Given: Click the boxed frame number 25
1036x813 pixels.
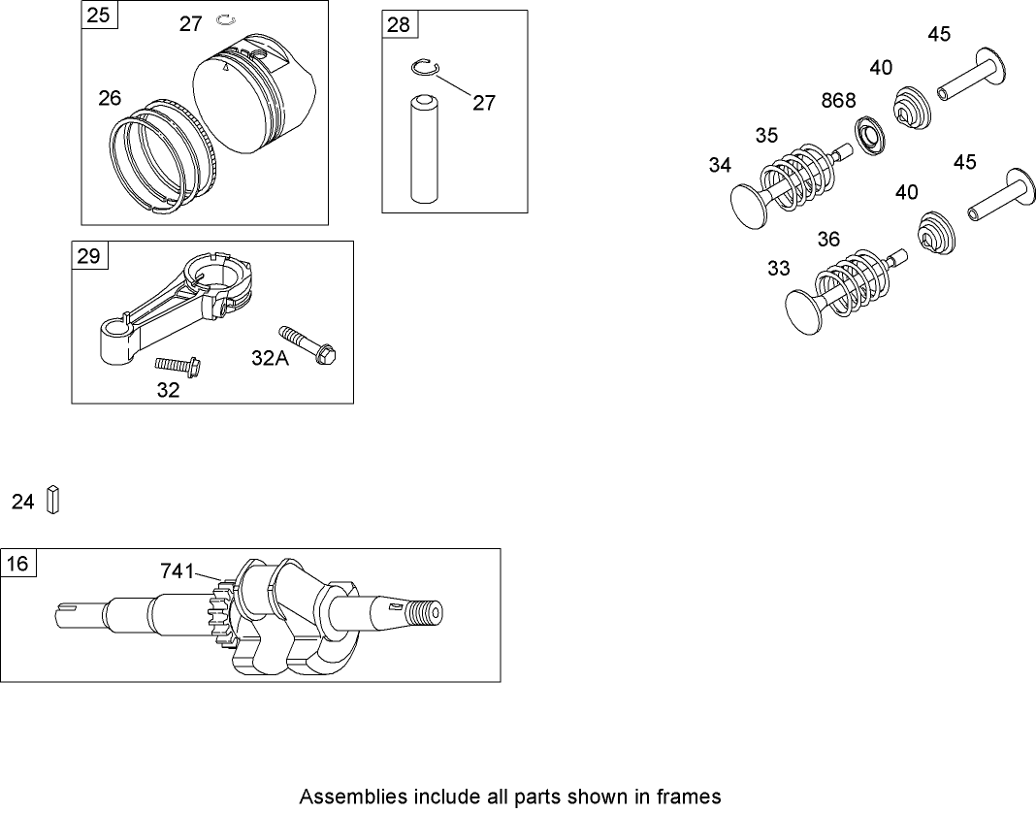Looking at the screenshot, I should point(98,16).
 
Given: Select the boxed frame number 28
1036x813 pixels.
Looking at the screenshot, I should point(399,25).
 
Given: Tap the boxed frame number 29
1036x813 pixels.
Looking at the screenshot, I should point(88,256).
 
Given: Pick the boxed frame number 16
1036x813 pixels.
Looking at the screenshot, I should point(17,564).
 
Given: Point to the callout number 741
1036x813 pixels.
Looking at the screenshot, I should point(178,573).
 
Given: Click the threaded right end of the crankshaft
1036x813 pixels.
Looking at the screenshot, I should point(424,613).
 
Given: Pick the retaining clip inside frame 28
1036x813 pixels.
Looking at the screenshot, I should point(423,67).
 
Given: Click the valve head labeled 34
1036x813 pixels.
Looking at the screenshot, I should point(749,205).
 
